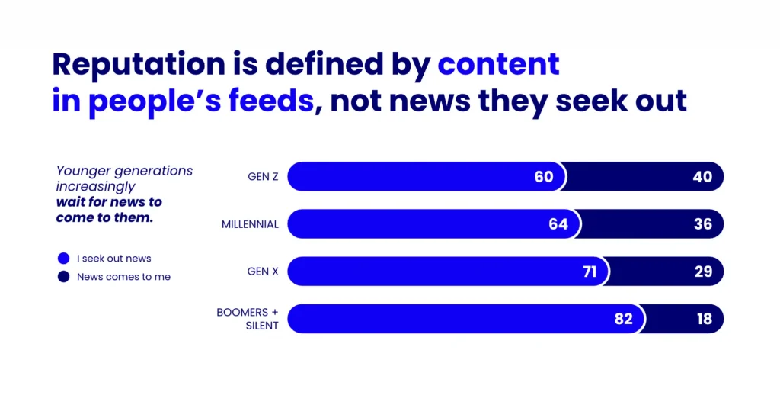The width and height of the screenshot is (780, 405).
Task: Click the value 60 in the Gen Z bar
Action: click(x=543, y=177)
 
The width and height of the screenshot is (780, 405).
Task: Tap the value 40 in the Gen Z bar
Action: click(x=702, y=177)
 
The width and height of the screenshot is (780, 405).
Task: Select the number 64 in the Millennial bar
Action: click(x=558, y=224)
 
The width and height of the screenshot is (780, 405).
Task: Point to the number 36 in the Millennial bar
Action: click(x=702, y=224)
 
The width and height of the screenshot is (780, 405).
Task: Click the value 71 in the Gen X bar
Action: click(x=590, y=272)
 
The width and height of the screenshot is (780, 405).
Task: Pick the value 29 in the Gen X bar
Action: click(x=702, y=272)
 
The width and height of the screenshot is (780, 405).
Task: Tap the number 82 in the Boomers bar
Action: click(x=623, y=319)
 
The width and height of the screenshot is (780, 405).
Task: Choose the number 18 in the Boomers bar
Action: click(x=704, y=319)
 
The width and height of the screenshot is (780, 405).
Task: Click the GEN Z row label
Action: click(x=263, y=177)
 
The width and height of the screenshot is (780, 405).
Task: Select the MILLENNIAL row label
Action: click(x=250, y=224)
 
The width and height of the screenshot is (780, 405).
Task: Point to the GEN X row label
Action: click(x=264, y=272)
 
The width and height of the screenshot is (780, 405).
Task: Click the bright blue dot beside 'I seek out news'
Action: click(x=63, y=259)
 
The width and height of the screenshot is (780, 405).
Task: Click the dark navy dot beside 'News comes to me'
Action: click(x=63, y=277)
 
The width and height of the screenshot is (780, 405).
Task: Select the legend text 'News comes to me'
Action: click(x=123, y=277)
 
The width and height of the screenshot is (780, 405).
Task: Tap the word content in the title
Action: click(x=498, y=64)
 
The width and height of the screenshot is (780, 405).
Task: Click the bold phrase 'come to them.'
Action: click(x=104, y=217)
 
